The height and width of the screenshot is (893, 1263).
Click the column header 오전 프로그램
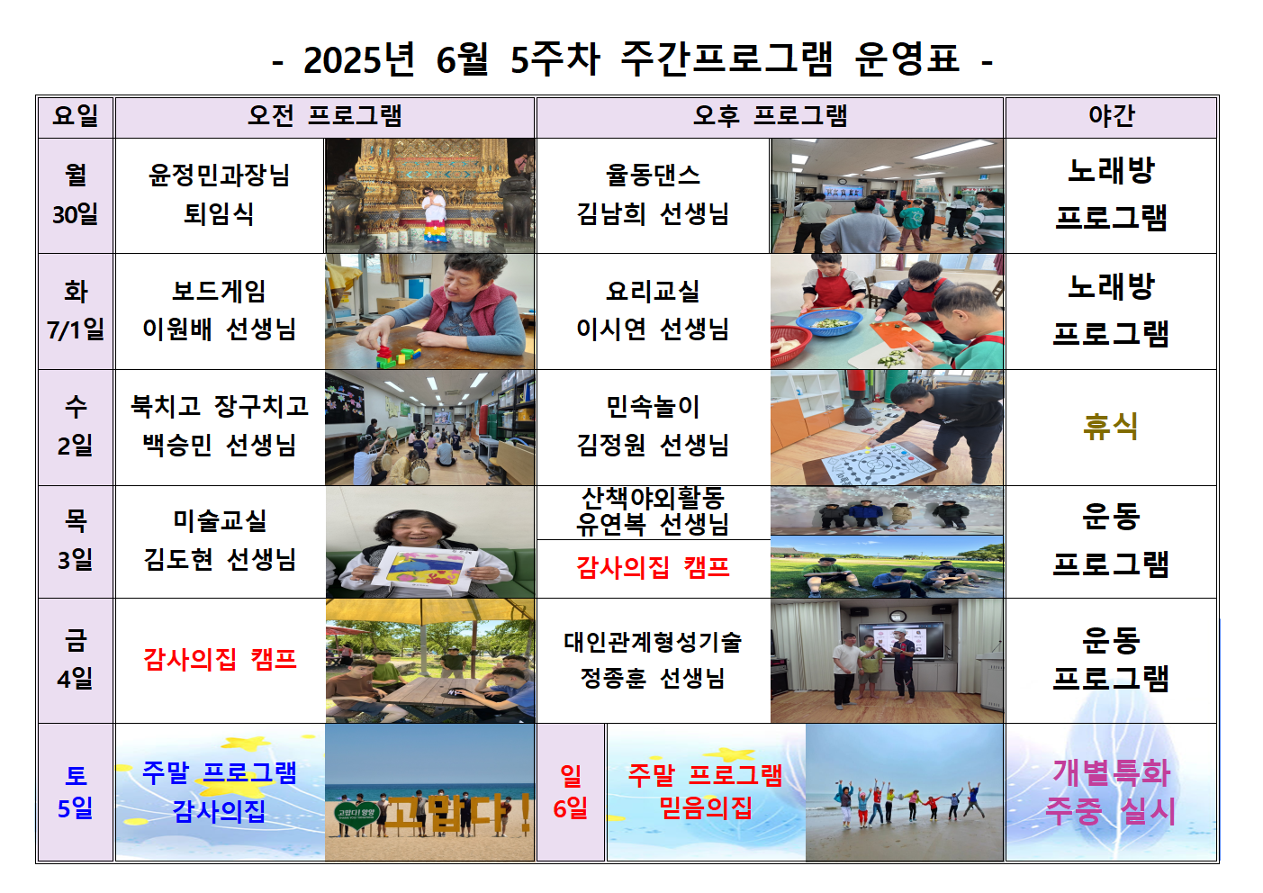pos(325,116)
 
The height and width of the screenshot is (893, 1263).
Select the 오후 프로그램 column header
pos(771,116)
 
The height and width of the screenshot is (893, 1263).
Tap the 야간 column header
pos(1112,116)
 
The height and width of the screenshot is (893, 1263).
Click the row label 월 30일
pos(76,194)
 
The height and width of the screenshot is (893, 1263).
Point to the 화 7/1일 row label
pos(76,311)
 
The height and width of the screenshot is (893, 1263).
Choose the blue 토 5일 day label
pos(76,792)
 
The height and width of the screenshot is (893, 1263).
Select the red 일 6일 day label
pos(571,792)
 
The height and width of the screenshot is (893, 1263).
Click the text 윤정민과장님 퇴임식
pos(220,194)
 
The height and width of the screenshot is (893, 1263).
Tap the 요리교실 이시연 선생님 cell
pos(653,311)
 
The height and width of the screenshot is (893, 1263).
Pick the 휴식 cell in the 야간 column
pos(1111,426)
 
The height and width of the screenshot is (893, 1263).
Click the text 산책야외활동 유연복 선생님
pos(653,511)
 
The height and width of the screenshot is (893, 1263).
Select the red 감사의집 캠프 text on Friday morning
pos(220,659)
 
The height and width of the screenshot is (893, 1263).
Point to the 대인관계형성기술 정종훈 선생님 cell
pos(653,660)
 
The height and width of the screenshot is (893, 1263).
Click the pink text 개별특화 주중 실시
pos(1111,792)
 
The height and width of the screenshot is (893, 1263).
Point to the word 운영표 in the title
pos(907,59)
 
